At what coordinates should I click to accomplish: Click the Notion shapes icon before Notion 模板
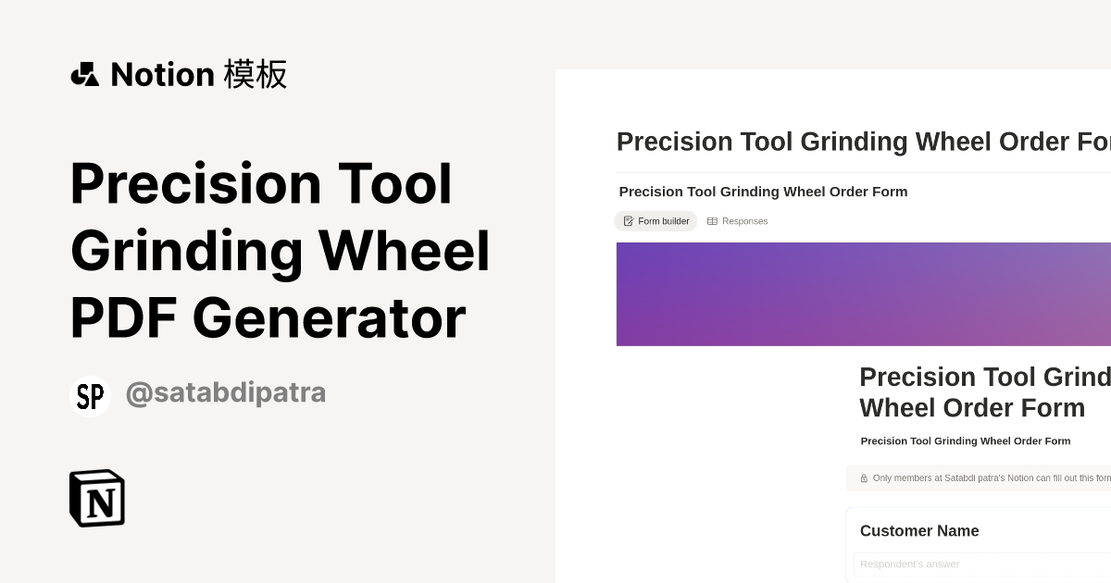(x=85, y=74)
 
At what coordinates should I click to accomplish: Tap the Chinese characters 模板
(x=256, y=74)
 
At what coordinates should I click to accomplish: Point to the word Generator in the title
(x=330, y=318)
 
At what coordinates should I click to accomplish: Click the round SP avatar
(x=90, y=396)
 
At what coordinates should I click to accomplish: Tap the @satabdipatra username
(x=225, y=393)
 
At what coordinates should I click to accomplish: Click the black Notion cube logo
(x=97, y=498)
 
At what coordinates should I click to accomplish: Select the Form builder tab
(x=655, y=221)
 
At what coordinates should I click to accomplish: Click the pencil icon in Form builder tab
(x=629, y=221)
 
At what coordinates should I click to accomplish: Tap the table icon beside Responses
(x=712, y=221)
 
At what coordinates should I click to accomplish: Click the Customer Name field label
(x=919, y=531)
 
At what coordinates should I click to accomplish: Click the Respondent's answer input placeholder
(x=909, y=564)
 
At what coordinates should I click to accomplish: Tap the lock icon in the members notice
(x=864, y=478)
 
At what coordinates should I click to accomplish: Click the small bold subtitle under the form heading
(x=966, y=441)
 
